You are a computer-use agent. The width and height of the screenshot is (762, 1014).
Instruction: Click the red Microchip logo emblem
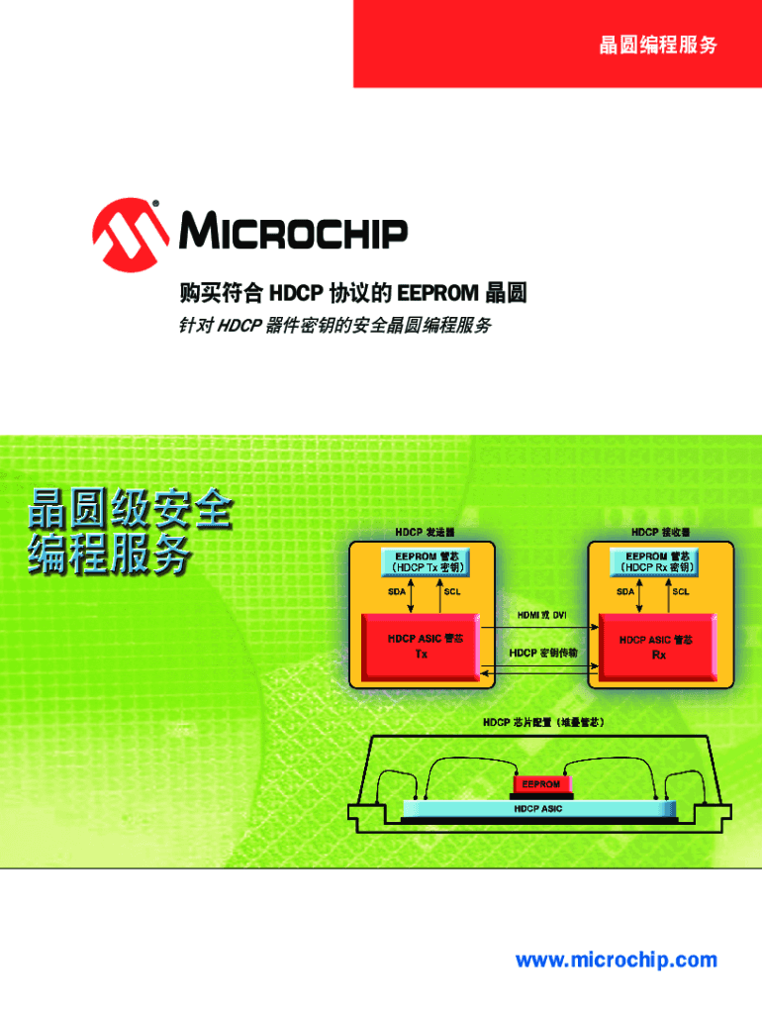point(130,236)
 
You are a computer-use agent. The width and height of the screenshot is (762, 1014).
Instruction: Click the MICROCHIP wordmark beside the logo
point(293,234)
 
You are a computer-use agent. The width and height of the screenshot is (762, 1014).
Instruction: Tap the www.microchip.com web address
point(616,960)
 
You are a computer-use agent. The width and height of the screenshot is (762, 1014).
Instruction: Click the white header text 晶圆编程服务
point(657,45)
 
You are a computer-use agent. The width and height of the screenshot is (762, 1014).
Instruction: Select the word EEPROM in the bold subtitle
point(438,294)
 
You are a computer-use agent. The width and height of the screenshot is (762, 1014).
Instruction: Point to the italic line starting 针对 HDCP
point(334,325)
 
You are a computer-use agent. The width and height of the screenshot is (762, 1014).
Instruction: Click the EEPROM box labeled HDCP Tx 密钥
point(425,561)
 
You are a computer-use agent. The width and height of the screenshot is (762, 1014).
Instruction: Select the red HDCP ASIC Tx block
point(421,647)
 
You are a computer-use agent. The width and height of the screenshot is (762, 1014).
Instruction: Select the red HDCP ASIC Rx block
point(657,647)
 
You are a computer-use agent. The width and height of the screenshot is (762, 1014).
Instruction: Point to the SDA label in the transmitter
point(397,592)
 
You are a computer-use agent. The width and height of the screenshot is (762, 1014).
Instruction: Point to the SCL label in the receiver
point(682,592)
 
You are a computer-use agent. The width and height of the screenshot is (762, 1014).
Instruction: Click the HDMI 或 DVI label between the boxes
point(541,615)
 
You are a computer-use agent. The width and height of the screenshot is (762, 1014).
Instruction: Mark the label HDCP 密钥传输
point(542,654)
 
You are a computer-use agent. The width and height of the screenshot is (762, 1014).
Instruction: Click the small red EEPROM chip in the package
point(540,784)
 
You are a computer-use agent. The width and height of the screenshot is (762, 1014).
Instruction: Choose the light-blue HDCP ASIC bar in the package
point(539,809)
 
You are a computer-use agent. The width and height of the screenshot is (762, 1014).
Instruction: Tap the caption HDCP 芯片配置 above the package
point(542,723)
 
